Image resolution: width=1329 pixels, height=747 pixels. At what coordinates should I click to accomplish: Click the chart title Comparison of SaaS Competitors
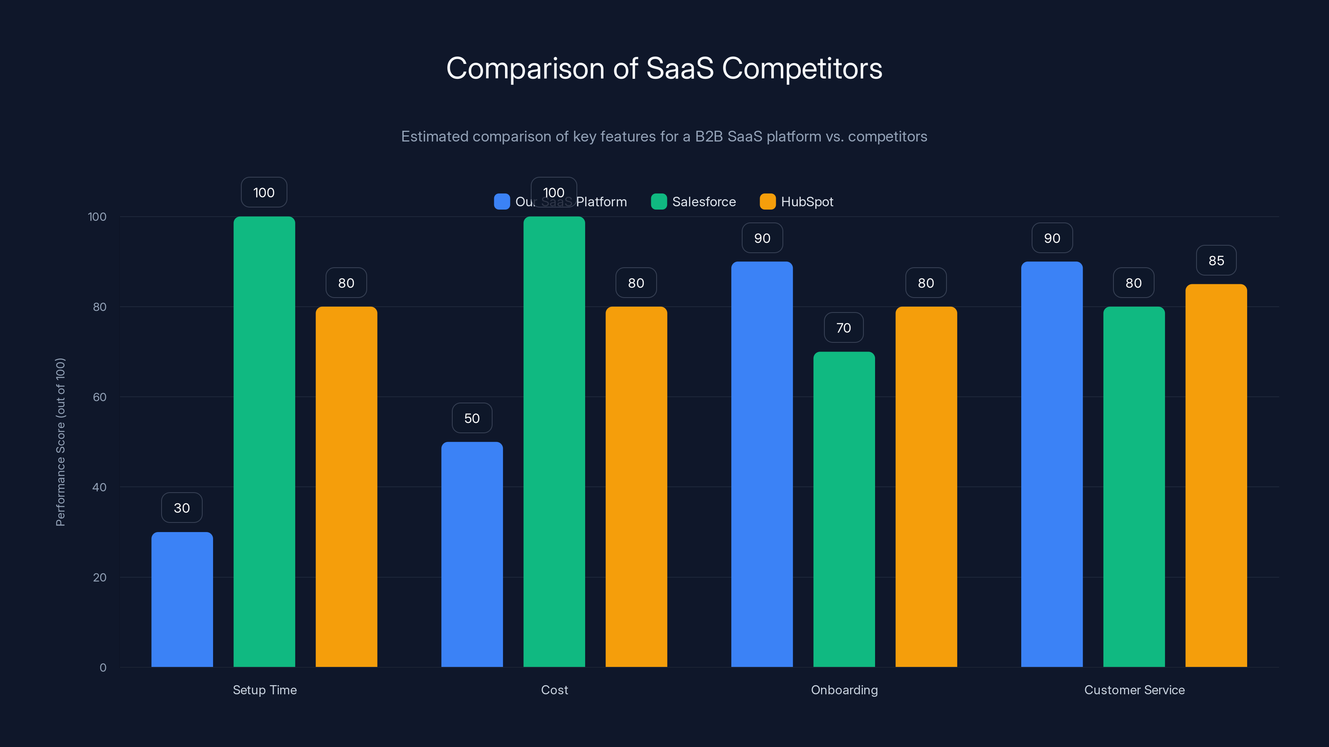(664, 68)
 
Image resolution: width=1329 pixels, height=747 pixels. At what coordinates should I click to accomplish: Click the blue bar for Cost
(472, 554)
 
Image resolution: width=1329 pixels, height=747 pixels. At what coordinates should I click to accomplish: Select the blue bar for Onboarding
(762, 464)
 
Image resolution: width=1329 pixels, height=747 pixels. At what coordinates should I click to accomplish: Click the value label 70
(843, 328)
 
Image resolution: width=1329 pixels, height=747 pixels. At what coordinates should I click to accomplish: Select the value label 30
(181, 508)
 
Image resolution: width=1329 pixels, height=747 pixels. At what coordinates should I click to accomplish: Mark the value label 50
(472, 418)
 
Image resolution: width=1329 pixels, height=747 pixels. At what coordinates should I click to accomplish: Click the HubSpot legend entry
(797, 202)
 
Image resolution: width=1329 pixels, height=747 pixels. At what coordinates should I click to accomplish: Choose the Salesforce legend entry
(694, 202)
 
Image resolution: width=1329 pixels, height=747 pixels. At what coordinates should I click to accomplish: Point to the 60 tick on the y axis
(100, 397)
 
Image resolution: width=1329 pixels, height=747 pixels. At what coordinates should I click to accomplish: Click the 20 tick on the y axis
(100, 577)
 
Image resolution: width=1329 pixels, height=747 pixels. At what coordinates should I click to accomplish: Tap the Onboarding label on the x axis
(844, 690)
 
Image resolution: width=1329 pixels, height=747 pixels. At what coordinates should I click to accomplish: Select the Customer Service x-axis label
(1134, 690)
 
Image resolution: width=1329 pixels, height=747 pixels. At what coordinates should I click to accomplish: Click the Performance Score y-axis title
(60, 442)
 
